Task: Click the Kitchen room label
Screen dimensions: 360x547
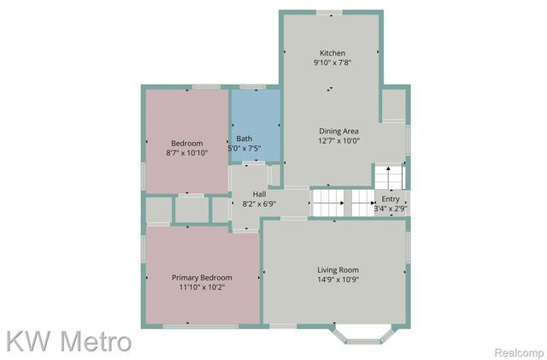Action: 332,52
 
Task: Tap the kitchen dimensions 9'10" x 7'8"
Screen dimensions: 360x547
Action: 332,62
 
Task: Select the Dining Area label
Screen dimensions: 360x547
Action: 338,131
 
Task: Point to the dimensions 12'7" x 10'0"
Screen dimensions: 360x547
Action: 338,141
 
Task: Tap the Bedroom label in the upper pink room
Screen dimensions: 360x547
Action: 186,143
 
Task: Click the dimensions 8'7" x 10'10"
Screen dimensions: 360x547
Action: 186,153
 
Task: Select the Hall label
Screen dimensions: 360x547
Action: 259,194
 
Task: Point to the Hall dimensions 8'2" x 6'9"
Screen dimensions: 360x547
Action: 259,204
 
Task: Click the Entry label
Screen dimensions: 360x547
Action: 390,198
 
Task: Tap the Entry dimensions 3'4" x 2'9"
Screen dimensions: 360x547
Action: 390,208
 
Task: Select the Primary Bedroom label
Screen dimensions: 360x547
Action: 202,277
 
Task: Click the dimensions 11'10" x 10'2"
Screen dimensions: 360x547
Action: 202,288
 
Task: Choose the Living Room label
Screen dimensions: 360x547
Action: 338,269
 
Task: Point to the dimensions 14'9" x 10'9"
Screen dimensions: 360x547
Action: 338,280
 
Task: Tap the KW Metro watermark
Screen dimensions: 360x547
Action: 68,341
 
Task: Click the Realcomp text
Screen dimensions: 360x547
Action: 518,352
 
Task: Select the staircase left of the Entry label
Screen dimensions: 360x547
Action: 328,203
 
